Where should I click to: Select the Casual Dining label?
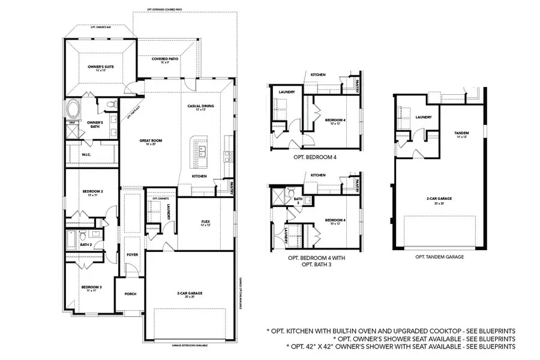(200, 106)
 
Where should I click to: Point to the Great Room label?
(151, 141)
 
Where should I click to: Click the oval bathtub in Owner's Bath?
(73, 110)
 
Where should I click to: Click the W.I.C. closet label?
(86, 154)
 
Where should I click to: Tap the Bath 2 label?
(86, 244)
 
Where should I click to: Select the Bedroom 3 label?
(91, 287)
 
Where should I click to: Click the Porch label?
(130, 294)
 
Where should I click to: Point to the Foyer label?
(132, 254)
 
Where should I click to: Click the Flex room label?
(205, 222)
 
